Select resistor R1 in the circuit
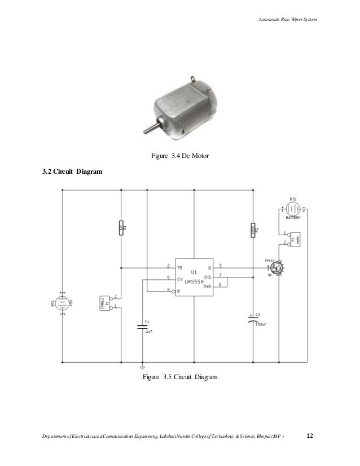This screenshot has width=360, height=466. click(120, 228)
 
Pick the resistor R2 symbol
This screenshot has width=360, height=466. click(252, 230)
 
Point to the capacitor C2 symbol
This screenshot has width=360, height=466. click(252, 318)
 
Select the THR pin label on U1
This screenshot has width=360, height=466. click(207, 285)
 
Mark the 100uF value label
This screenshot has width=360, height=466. click(260, 324)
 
